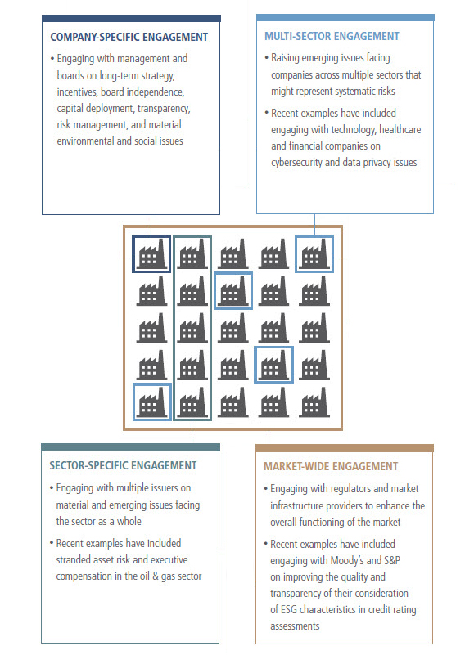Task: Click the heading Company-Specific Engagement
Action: (129, 37)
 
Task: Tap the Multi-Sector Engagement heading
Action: (332, 36)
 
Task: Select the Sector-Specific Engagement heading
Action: (123, 465)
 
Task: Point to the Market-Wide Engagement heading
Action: (331, 466)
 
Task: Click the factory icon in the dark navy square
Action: (151, 254)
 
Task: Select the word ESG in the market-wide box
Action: (289, 609)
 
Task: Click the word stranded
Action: (72, 560)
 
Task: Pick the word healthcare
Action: (400, 129)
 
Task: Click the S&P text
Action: (392, 560)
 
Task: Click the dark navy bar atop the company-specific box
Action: (131, 18)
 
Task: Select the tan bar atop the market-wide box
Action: (345, 448)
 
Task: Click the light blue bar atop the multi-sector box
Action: (345, 17)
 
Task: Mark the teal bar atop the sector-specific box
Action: (130, 447)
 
